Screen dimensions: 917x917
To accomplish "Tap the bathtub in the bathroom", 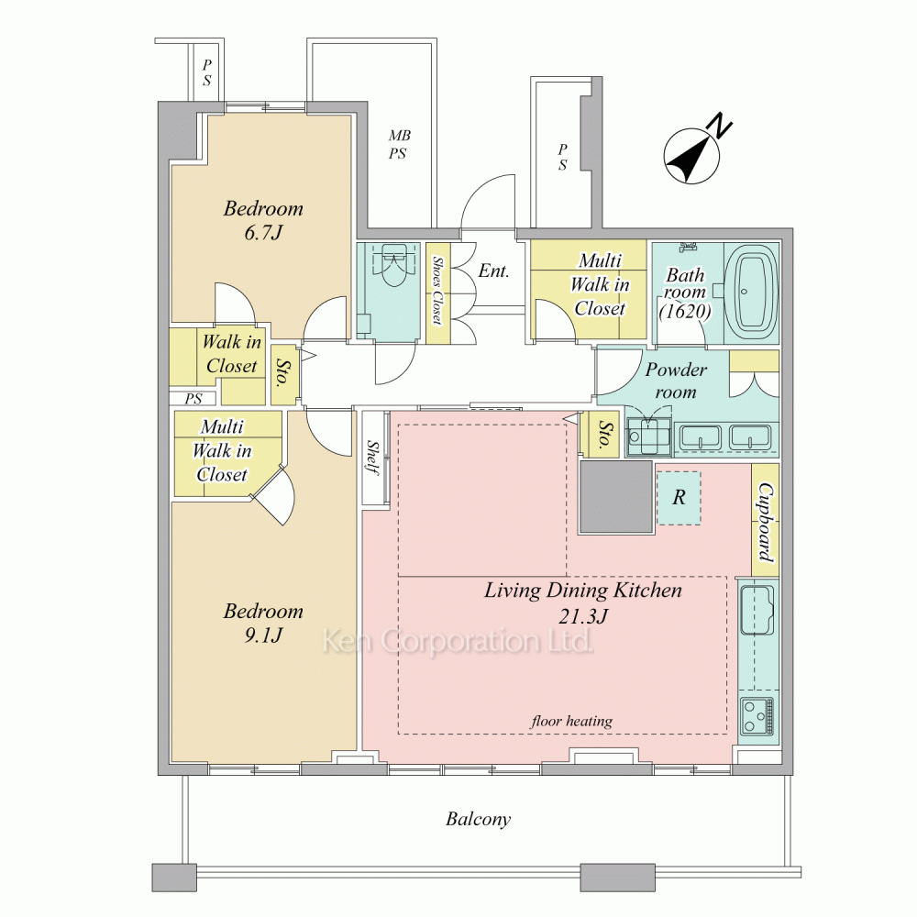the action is [x=752, y=293].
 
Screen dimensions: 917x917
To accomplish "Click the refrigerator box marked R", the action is [x=679, y=498].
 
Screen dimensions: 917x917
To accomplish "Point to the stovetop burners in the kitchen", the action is [x=758, y=716].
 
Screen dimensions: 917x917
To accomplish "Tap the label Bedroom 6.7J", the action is [x=263, y=220].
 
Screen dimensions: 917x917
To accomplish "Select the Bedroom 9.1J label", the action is [x=263, y=623].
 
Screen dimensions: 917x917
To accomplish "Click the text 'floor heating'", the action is [x=571, y=721].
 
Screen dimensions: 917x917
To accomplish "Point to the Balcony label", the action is [x=478, y=819].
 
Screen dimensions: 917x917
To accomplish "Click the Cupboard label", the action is [x=766, y=522].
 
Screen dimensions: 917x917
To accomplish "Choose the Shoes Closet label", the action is [x=436, y=291].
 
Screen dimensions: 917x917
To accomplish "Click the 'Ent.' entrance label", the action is [x=493, y=271].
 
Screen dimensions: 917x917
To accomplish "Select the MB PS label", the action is [x=399, y=145].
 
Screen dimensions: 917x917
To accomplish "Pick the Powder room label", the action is [x=676, y=381].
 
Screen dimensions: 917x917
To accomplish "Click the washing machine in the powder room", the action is [x=648, y=436].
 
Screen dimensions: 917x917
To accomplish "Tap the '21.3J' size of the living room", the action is [x=582, y=616].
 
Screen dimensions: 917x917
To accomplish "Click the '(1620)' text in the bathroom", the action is [x=685, y=311].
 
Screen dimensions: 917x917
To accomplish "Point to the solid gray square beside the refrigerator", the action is [x=616, y=497].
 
